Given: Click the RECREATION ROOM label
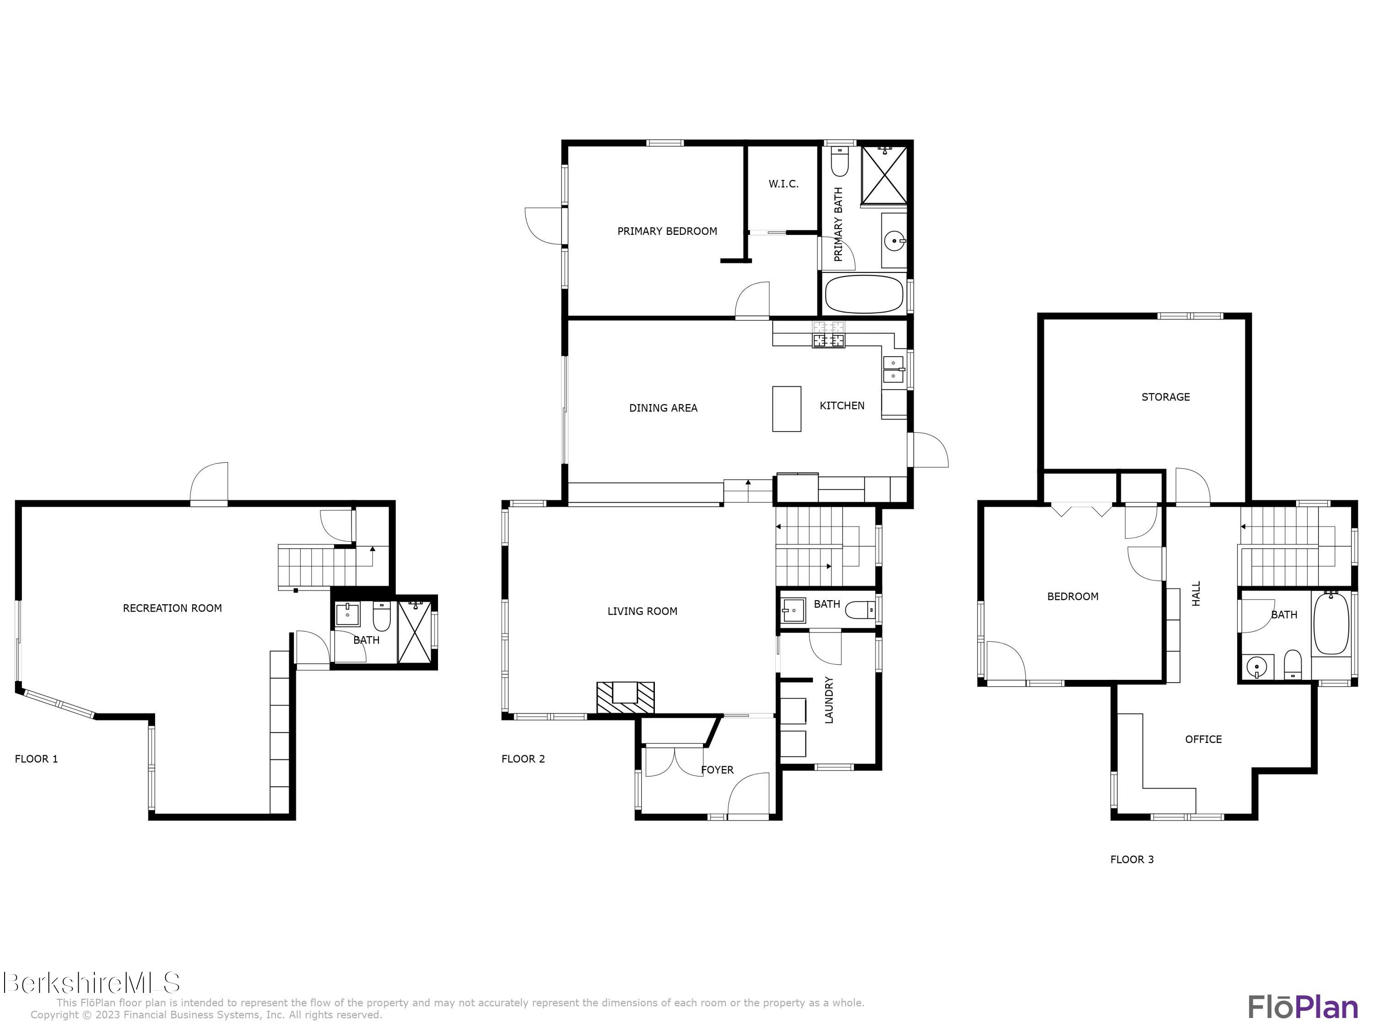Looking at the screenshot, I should tap(172, 608).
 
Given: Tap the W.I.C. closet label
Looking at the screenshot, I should tap(784, 184).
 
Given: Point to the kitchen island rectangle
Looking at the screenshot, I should tap(786, 408).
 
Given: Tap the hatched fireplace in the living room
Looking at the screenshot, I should tap(625, 697).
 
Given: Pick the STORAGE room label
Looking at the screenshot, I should tap(1165, 397).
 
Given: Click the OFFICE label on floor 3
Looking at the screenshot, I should tap(1203, 739).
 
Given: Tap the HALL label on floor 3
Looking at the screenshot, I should tap(1196, 594).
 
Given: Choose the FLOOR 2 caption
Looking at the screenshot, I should tap(523, 759).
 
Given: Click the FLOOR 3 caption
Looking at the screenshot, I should tap(1131, 859).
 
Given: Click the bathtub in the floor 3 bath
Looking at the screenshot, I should tap(1331, 624).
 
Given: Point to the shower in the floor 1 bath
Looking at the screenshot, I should tap(414, 632).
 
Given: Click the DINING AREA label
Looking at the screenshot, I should tap(663, 408).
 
